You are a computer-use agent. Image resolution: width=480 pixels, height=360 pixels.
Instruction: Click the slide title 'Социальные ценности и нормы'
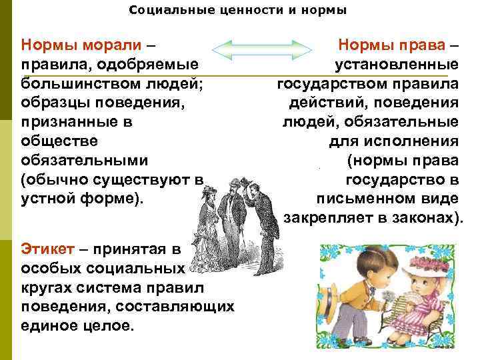pyautogui.click(x=238, y=11)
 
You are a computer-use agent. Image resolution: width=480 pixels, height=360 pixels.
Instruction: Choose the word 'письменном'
pyautogui.click(x=363, y=199)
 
